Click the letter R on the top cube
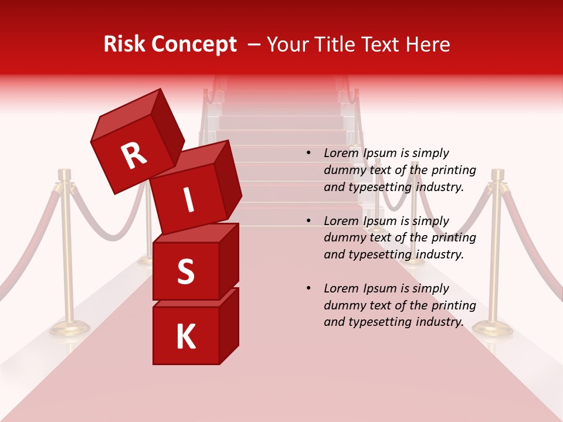tap(134, 156)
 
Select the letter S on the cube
tap(185, 272)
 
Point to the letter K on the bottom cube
tap(185, 337)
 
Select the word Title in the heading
tap(340, 45)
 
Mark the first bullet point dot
tap(308, 154)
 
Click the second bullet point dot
tap(308, 221)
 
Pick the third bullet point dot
tap(308, 288)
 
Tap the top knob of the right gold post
tap(498, 175)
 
